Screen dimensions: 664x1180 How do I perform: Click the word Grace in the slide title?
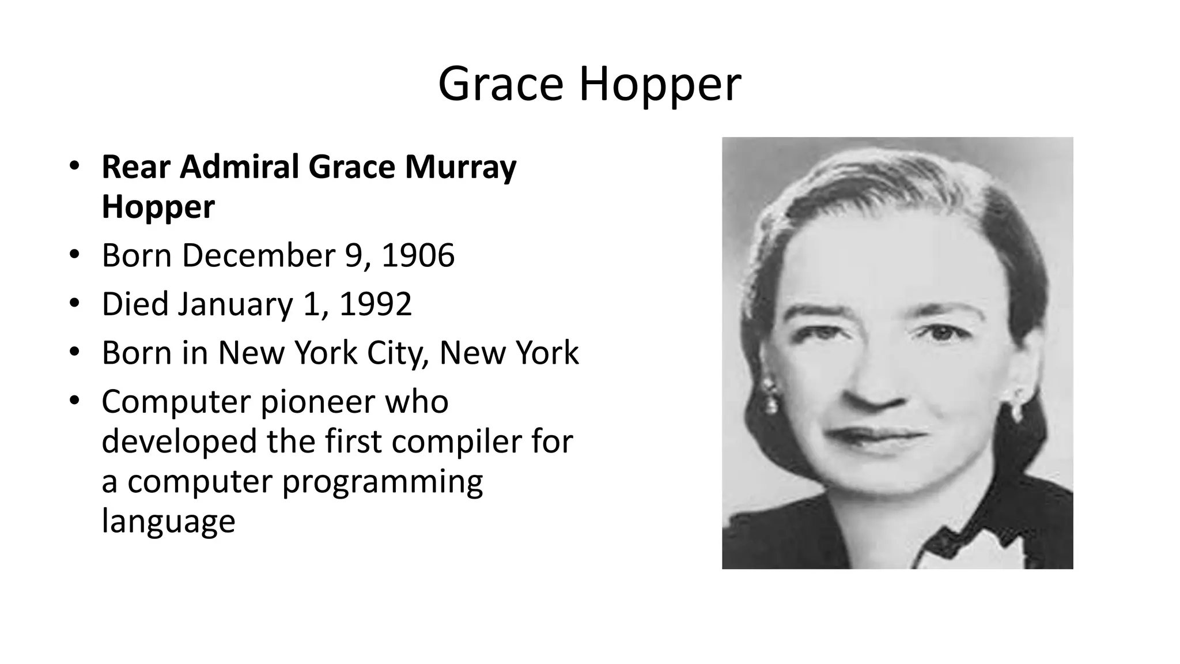(x=500, y=84)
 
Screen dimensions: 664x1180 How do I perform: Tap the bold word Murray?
(x=460, y=168)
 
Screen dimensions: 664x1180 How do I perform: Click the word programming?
(x=382, y=483)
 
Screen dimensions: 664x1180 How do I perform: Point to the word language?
(x=168, y=522)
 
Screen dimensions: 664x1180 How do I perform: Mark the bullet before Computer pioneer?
(x=74, y=401)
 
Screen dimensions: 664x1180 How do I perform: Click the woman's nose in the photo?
(x=873, y=386)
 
